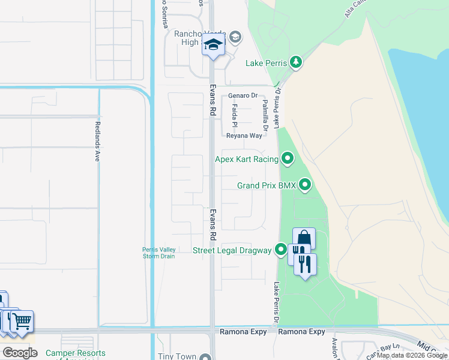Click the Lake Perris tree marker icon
pyautogui.click(x=295, y=62)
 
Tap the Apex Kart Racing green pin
pyautogui.click(x=288, y=159)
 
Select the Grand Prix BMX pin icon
pyautogui.click(x=306, y=185)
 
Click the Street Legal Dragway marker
pyautogui.click(x=281, y=250)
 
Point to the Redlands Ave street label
pyautogui.click(x=97, y=142)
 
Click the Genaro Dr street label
pyautogui.click(x=243, y=95)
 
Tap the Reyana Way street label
pyautogui.click(x=244, y=136)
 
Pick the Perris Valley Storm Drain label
pyautogui.click(x=158, y=253)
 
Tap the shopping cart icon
pyautogui.click(x=22, y=321)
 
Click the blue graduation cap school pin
pyautogui.click(x=213, y=45)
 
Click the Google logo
pyautogui.click(x=20, y=353)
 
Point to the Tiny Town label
pyautogui.click(x=177, y=356)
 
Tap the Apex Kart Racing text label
pyautogui.click(x=247, y=159)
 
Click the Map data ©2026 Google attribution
pyautogui.click(x=412, y=356)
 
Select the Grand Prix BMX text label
pyautogui.click(x=267, y=186)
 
